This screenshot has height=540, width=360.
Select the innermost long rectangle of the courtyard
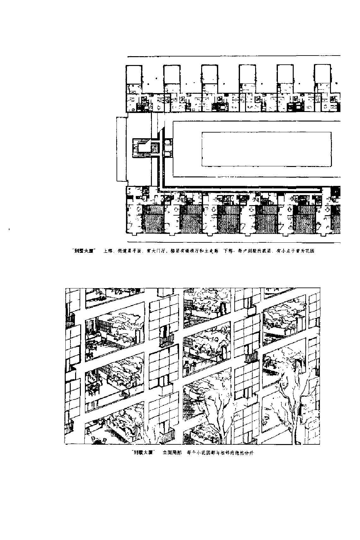pyautogui.click(x=266, y=149)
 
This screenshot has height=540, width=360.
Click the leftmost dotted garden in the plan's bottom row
pyautogui.click(x=153, y=217)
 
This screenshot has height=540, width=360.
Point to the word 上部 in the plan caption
pyautogui.click(x=108, y=252)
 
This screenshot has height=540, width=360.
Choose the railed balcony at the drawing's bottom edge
pyautogui.click(x=166, y=437)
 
